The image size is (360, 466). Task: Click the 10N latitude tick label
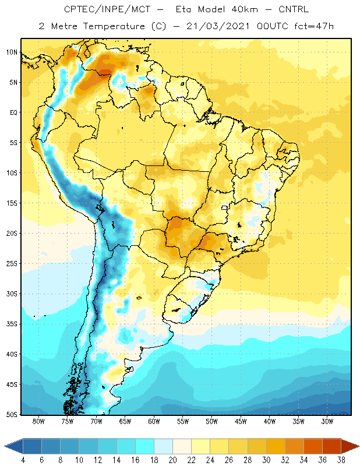point(12,52)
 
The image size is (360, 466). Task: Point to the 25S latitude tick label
point(12,264)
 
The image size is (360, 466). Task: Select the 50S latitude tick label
point(12,414)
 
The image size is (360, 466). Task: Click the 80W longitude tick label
point(38,421)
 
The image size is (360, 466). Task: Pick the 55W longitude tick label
point(183,421)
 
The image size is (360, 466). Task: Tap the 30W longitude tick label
point(327,421)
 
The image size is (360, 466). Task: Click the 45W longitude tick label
point(241,421)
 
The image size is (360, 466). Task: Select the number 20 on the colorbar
point(172,460)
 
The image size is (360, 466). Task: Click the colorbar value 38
point(341,460)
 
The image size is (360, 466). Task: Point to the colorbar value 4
point(23,460)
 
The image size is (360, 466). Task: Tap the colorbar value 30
point(266,460)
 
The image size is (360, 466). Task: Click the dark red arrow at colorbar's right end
point(350,446)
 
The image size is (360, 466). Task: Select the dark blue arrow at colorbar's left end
point(13,446)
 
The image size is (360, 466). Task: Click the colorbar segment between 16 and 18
point(145,446)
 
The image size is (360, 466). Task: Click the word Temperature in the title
point(114,26)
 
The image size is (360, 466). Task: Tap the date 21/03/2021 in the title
point(218,26)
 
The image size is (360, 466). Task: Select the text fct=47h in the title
point(314,26)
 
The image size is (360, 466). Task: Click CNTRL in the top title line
point(294,9)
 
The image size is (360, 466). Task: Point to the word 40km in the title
point(244,9)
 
